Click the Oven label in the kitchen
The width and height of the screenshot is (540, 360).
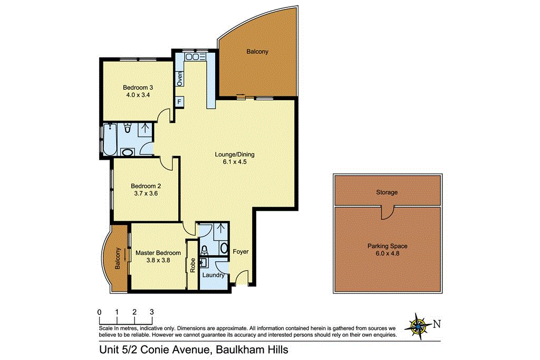pyautogui.click(x=180, y=79)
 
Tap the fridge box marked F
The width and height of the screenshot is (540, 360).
pyautogui.click(x=179, y=102)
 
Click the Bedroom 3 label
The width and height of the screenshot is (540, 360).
pyautogui.click(x=138, y=87)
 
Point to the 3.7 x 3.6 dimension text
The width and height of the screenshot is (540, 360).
pyautogui.click(x=146, y=193)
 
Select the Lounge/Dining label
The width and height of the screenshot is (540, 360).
pyautogui.click(x=235, y=154)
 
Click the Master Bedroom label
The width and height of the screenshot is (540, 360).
pyautogui.click(x=158, y=252)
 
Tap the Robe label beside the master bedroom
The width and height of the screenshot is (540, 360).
pyautogui.click(x=192, y=265)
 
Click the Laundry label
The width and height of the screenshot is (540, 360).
pyautogui.click(x=214, y=275)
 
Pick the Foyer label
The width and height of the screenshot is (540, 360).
pyautogui.click(x=240, y=251)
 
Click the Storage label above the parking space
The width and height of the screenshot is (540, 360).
pyautogui.click(x=387, y=192)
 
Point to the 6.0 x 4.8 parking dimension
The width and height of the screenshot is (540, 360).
pyautogui.click(x=388, y=254)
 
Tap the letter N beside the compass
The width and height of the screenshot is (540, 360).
pyautogui.click(x=437, y=324)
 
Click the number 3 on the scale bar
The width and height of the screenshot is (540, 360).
pyautogui.click(x=151, y=312)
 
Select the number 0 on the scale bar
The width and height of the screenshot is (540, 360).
pyautogui.click(x=100, y=312)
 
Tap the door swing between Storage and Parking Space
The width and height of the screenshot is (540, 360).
pyautogui.click(x=388, y=213)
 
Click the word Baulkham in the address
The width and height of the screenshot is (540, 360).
pyautogui.click(x=239, y=350)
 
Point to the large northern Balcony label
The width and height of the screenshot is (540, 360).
pyautogui.click(x=257, y=52)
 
